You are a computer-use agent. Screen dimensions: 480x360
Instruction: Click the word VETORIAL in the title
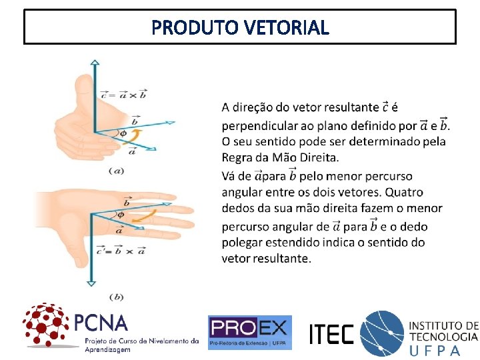coord(287,28)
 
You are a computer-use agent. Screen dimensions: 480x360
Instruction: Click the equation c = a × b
coord(124,95)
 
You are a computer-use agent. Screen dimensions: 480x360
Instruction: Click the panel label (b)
coord(116,297)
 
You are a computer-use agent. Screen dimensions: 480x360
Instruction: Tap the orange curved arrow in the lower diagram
coord(153,215)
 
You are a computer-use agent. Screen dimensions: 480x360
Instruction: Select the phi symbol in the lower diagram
coord(120,215)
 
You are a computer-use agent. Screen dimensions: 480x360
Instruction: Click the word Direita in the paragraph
coord(316,158)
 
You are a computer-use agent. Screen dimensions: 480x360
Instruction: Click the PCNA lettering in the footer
coord(100,323)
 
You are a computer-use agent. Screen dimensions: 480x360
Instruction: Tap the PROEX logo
coord(249,332)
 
